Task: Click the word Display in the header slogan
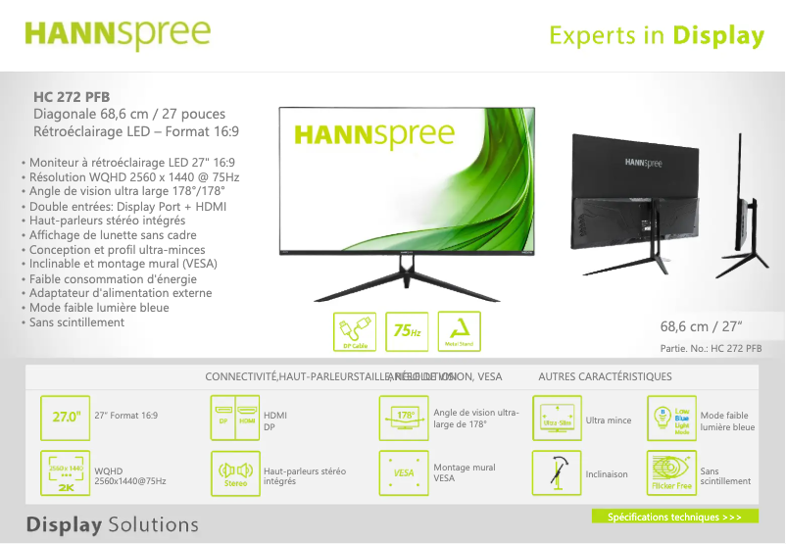717,36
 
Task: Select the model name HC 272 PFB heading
72,97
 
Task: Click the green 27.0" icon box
66,418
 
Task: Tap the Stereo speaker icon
235,474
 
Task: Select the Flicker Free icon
671,473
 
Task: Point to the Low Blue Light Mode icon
671,418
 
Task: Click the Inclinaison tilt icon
557,473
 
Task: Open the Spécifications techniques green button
674,517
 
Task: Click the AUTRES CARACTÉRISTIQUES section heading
605,376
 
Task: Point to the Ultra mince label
609,420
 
